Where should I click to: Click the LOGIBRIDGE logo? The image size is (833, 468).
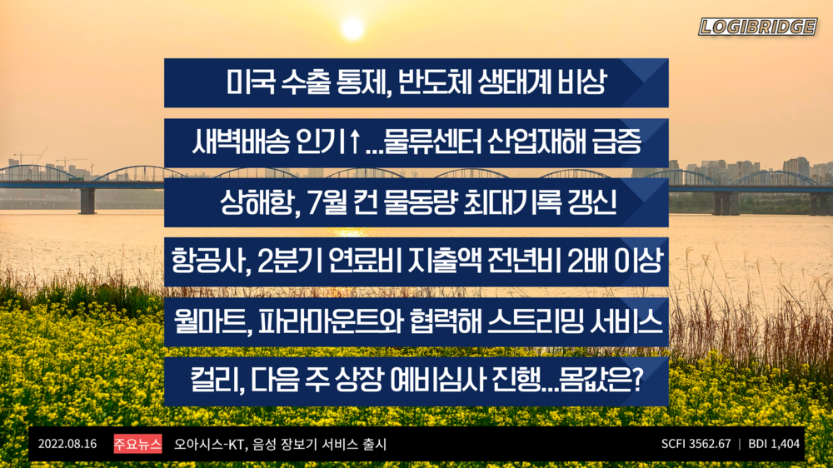757,27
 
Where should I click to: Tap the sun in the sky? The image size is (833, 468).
352,28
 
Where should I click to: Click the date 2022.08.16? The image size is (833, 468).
67,444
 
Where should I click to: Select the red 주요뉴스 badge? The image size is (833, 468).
137,444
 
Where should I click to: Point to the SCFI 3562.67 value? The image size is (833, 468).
696,444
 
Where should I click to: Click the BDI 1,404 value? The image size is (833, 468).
774,444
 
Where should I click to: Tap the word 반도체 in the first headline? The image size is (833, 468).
439,82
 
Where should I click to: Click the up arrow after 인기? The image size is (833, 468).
355,142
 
